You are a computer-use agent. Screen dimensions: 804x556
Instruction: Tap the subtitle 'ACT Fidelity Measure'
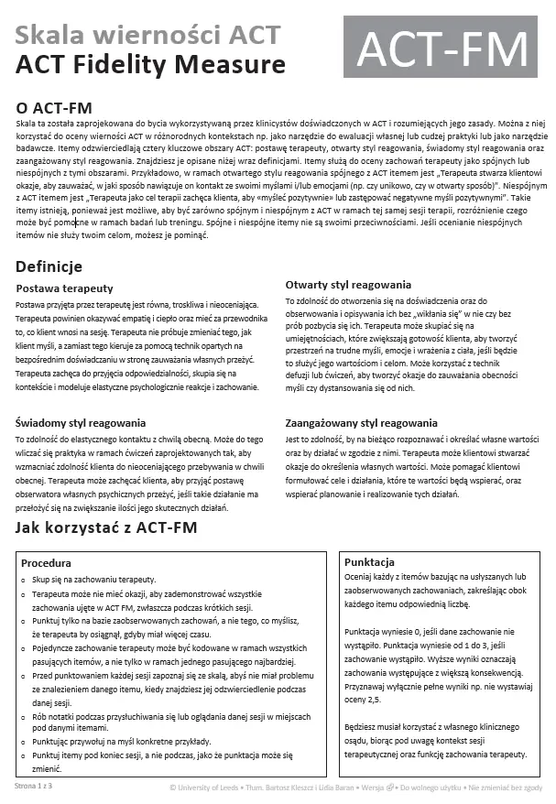coord(150,64)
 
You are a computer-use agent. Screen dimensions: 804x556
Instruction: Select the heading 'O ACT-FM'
coord(54,107)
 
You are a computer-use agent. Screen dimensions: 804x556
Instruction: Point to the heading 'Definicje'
coord(49,266)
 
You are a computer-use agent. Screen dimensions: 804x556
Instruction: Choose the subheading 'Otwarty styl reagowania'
coord(348,285)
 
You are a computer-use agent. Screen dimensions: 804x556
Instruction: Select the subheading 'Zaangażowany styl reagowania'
coord(361,423)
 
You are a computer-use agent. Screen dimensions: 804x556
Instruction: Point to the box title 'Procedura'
coord(46,563)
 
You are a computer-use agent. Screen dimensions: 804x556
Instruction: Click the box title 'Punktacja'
coord(369,561)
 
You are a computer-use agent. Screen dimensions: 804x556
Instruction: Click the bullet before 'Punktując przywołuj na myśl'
coord(23,741)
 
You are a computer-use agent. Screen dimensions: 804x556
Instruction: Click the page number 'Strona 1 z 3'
coord(33,786)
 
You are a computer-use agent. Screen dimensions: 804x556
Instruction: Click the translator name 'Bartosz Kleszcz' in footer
coord(298,786)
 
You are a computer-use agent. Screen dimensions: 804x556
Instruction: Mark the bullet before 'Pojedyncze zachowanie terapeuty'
coord(23,647)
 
